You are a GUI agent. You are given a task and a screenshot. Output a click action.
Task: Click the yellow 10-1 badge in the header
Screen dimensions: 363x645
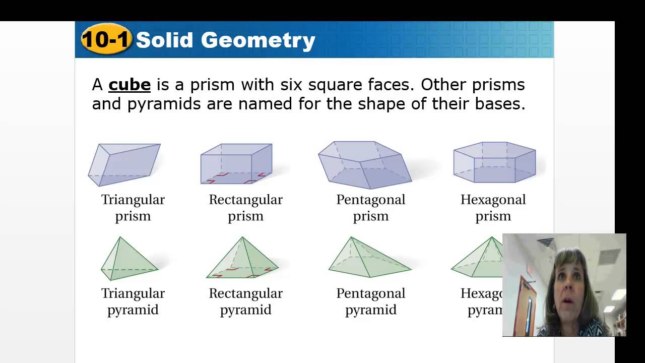point(106,39)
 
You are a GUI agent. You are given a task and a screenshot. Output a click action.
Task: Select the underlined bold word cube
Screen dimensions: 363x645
point(130,85)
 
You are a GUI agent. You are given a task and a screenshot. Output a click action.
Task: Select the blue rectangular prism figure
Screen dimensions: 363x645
point(236,163)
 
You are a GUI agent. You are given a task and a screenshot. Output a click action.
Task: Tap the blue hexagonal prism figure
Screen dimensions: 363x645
point(494,162)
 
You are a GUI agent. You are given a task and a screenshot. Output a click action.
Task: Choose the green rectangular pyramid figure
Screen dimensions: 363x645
point(242,259)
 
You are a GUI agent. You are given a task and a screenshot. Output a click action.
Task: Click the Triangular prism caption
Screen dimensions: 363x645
point(133,208)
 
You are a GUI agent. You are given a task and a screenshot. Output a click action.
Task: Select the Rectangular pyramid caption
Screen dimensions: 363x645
point(246,301)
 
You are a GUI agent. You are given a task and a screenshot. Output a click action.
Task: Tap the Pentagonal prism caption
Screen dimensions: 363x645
point(371,208)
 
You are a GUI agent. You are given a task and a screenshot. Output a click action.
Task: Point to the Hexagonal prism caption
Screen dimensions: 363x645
point(493,208)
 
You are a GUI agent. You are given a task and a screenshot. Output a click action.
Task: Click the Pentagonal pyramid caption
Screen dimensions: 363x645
point(371,301)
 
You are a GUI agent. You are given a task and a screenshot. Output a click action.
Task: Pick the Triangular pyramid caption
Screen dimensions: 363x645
point(133,301)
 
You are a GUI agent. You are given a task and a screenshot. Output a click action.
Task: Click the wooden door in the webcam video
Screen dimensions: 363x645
point(526,308)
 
